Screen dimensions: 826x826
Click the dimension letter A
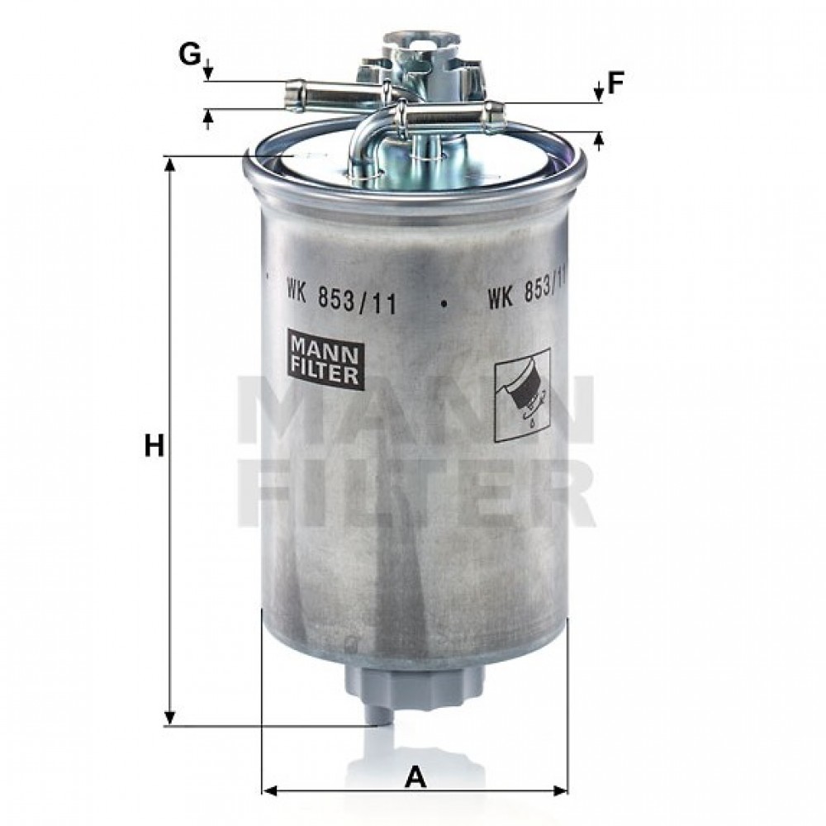pos(416,776)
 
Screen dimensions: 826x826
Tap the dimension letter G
pos(189,56)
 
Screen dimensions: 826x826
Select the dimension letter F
pos(615,83)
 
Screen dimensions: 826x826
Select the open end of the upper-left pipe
pos(292,93)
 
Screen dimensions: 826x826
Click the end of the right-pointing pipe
pos(495,117)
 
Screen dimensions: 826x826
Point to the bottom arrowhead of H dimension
pos(171,719)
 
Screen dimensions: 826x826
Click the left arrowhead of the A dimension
pos(268,790)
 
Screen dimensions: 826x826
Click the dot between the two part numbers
pos(444,302)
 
